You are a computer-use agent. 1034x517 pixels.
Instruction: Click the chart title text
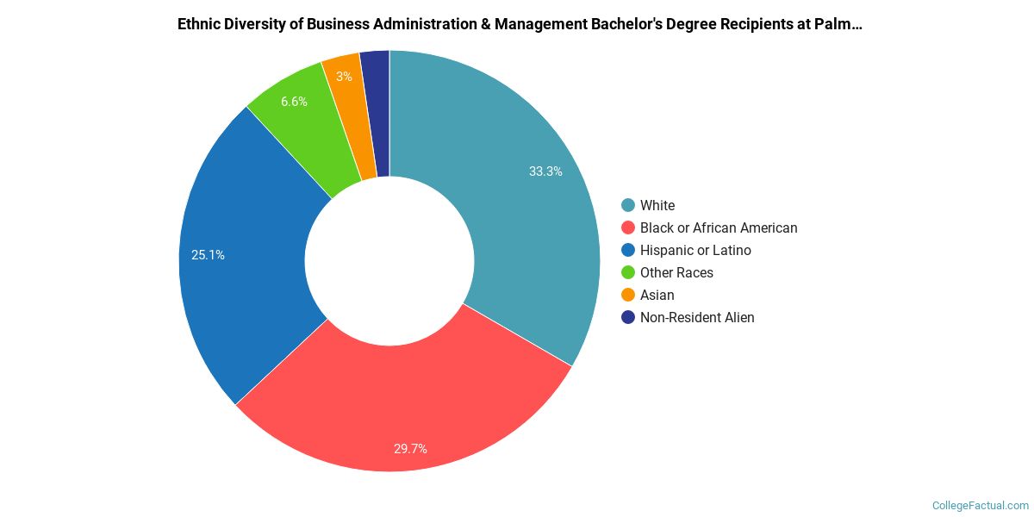(520, 24)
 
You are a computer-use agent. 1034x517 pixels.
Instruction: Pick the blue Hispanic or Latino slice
(246, 258)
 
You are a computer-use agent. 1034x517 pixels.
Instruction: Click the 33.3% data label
(545, 171)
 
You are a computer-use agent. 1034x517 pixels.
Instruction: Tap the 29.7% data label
(410, 448)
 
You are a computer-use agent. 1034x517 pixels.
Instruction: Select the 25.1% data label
(208, 255)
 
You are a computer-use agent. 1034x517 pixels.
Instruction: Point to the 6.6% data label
(294, 102)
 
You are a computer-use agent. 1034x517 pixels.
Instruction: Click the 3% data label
(344, 77)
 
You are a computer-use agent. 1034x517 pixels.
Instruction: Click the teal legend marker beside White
(628, 205)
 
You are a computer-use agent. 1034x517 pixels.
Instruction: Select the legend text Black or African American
(719, 227)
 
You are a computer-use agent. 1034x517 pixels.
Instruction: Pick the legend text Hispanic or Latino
(695, 250)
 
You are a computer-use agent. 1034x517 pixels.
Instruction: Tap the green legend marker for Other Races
(628, 272)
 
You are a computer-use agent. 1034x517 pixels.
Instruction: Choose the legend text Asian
(657, 295)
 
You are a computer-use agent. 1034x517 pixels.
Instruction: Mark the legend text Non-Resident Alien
(697, 317)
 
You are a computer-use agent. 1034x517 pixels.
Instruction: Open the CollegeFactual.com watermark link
(981, 505)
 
